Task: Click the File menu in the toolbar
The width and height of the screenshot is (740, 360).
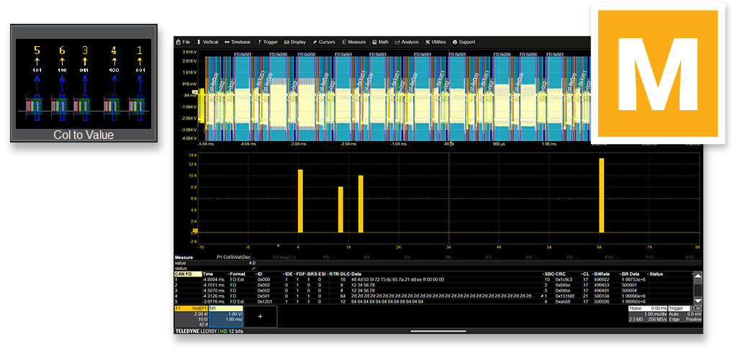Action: [x=184, y=42]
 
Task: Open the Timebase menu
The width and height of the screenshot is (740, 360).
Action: [x=238, y=42]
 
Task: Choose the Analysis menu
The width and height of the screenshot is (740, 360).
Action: [x=407, y=42]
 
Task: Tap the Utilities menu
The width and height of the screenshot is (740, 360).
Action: [x=436, y=42]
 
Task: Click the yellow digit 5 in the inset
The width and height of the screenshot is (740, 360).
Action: [x=37, y=50]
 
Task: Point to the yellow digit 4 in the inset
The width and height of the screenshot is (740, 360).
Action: [x=114, y=50]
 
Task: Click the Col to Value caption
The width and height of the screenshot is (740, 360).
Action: [x=84, y=135]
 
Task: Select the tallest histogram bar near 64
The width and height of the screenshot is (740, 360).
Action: [x=602, y=195]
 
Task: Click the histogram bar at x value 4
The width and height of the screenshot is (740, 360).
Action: [x=300, y=201]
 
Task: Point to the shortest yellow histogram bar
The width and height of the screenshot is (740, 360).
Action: [x=340, y=210]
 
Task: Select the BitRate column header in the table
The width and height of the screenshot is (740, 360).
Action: [x=602, y=274]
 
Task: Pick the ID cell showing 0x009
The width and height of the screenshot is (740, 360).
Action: [x=263, y=279]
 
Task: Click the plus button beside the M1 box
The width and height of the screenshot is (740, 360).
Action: [x=261, y=316]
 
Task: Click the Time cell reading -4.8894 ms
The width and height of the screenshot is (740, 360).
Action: [x=214, y=279]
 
